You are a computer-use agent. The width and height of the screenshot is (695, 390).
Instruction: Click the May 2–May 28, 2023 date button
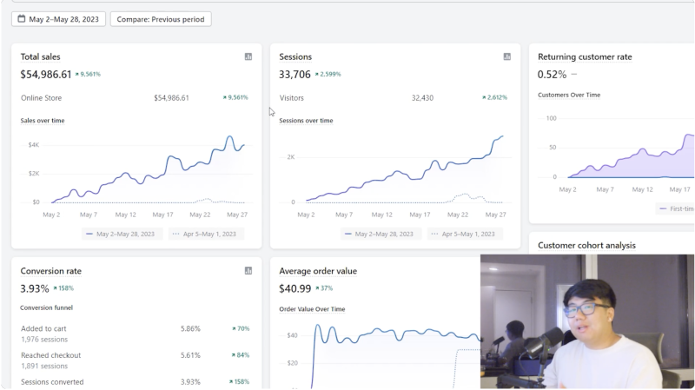tap(58, 19)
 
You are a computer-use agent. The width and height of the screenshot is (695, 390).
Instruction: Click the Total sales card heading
tap(40, 56)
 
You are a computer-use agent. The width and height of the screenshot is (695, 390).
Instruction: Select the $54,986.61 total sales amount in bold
tap(46, 75)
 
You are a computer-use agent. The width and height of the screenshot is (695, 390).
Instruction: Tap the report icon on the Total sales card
tap(248, 56)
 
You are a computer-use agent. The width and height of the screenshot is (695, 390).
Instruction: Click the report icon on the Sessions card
tap(507, 56)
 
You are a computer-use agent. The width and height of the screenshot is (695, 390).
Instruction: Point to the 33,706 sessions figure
tap(295, 75)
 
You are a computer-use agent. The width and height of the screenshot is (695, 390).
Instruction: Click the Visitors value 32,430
tap(422, 98)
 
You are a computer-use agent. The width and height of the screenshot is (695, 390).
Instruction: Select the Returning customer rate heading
tap(585, 56)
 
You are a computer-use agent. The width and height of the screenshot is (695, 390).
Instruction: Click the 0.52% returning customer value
tap(552, 75)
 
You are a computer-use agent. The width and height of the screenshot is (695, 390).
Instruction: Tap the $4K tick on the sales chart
tap(34, 145)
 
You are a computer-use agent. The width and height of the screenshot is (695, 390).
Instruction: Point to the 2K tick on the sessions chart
tap(291, 157)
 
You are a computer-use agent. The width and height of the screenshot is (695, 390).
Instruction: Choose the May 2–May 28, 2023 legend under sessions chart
tap(380, 234)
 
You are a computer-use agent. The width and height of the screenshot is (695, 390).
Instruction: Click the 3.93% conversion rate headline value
tap(35, 288)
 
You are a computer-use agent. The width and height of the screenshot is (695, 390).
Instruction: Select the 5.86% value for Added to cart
tap(190, 329)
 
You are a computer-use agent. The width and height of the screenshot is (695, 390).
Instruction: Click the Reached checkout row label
tap(50, 355)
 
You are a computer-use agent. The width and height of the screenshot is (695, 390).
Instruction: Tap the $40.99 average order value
tap(295, 288)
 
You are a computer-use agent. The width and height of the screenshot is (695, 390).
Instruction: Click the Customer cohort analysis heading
tap(586, 246)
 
